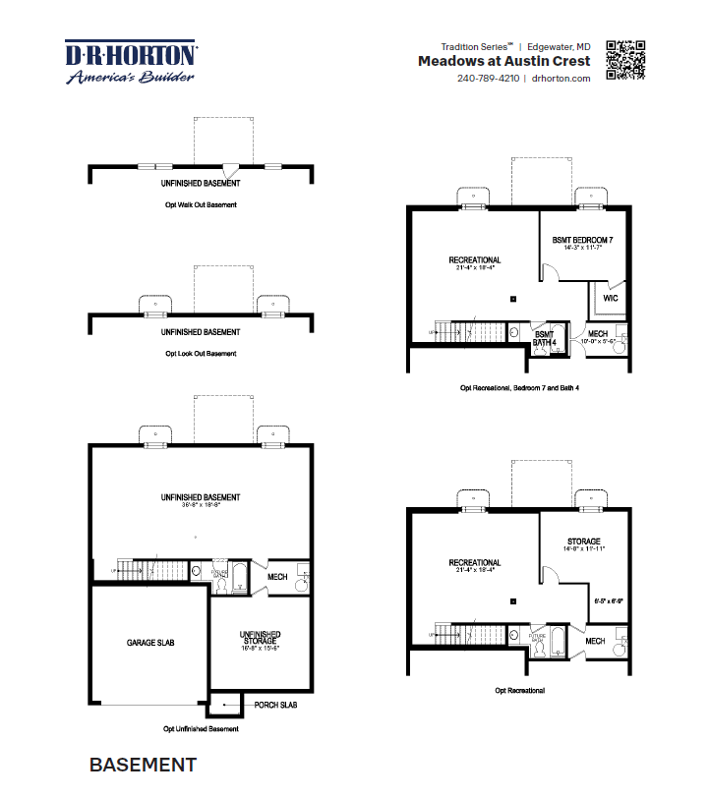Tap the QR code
tap(625, 60)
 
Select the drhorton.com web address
tap(561, 79)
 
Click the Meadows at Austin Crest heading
tap(503, 61)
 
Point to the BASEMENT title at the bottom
tap(143, 765)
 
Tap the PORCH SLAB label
tap(274, 706)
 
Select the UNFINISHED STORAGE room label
tap(248, 639)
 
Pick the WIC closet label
tap(611, 297)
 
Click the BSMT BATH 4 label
tap(545, 338)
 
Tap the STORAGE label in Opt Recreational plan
tap(584, 541)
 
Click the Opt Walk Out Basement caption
tap(201, 205)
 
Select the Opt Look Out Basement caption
tap(201, 354)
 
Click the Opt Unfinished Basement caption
tap(201, 729)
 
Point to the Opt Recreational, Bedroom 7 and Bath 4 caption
tap(519, 388)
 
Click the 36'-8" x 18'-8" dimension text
tap(201, 507)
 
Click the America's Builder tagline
tap(130, 77)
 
